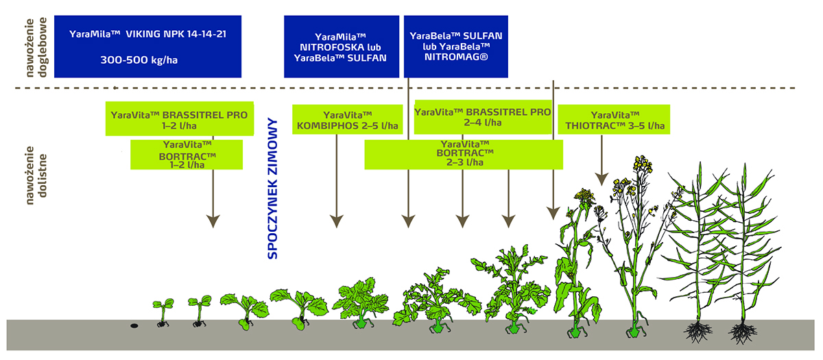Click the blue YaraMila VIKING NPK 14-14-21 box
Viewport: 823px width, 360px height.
(147, 46)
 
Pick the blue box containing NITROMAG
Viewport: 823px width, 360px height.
(457, 46)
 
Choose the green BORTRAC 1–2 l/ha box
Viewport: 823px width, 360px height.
(187, 154)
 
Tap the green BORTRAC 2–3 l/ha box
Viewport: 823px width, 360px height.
(464, 154)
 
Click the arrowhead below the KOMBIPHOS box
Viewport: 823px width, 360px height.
(336, 221)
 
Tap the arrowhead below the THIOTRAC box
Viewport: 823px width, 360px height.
(602, 178)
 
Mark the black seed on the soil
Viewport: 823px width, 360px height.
(134, 325)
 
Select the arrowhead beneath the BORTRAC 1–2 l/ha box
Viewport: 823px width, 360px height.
(213, 221)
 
